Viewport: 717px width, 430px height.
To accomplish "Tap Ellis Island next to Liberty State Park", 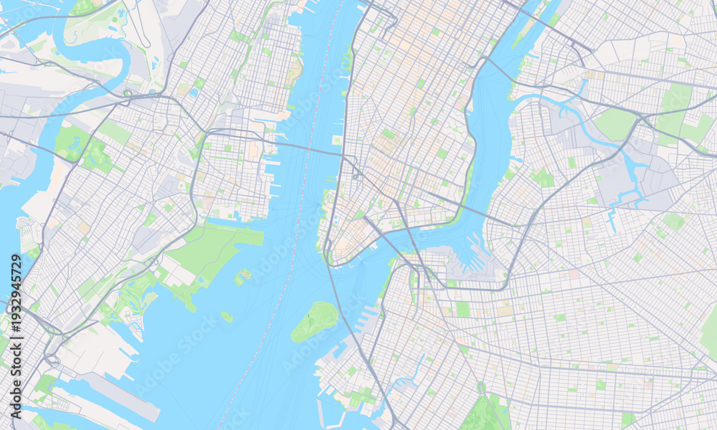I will click(x=244, y=274).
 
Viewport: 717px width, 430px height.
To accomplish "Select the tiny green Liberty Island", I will click(x=227, y=316).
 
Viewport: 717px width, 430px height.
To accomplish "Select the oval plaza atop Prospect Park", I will click(x=481, y=388).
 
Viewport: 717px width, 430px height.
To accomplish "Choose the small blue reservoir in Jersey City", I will click(x=193, y=92).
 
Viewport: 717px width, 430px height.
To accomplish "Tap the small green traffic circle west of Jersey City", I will click(x=128, y=93).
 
